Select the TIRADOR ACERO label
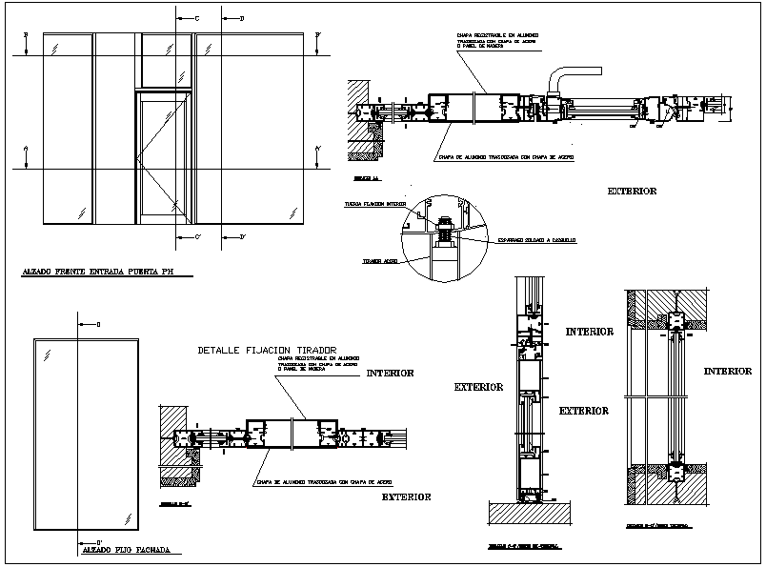click(378, 260)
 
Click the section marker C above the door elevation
click(196, 18)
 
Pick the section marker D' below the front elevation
click(242, 236)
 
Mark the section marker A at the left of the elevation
click(26, 149)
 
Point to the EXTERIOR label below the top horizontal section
click(632, 192)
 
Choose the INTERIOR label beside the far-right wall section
click(727, 371)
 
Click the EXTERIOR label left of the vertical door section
click(478, 388)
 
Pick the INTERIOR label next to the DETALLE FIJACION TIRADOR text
click(390, 374)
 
